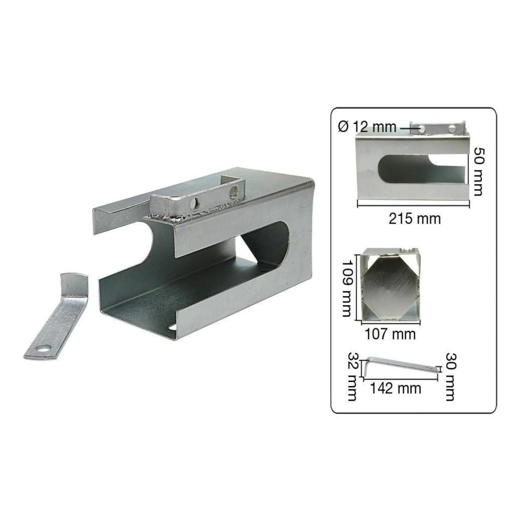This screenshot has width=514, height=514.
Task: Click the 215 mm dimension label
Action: pyautogui.click(x=415, y=219)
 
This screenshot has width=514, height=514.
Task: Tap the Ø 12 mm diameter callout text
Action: pyautogui.click(x=367, y=127)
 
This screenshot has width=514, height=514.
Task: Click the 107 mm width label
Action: pyautogui.click(x=390, y=334)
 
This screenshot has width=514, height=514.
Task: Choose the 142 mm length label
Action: pyautogui.click(x=396, y=388)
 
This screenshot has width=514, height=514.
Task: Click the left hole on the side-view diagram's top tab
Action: pyautogui.click(x=422, y=129)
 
